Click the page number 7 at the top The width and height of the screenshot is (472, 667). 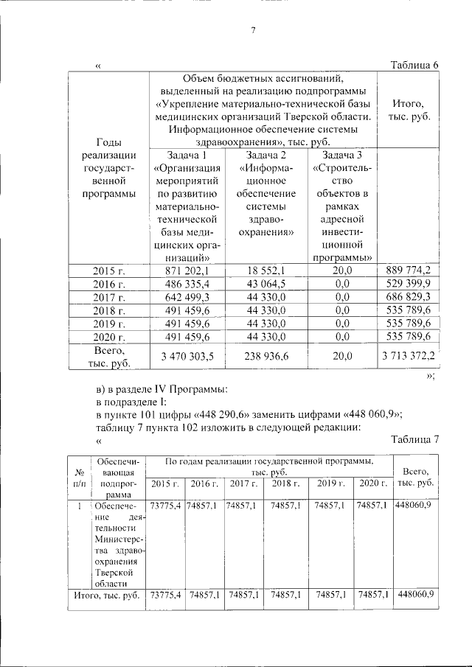click(253, 30)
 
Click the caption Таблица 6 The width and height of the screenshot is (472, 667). click(414, 66)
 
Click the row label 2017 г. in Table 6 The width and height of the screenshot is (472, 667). click(109, 297)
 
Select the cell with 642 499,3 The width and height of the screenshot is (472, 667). click(187, 297)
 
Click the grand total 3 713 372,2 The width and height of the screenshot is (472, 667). click(409, 357)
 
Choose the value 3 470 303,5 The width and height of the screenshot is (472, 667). click(187, 357)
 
